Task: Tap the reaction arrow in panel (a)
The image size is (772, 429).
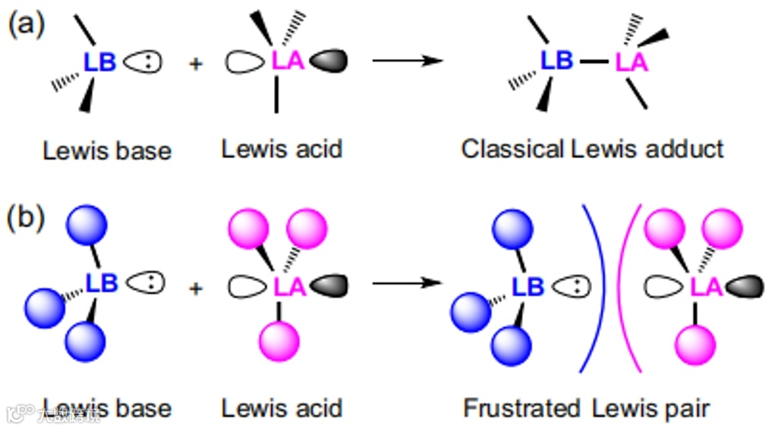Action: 408,62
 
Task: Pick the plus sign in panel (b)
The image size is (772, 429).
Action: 196,288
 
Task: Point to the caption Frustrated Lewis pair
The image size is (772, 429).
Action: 586,408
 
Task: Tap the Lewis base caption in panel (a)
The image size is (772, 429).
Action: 107,150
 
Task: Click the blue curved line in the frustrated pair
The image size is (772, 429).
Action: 599,289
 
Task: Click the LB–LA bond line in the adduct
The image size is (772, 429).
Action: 596,62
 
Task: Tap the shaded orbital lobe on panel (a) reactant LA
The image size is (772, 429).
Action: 328,62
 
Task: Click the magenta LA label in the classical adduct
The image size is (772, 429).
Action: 632,62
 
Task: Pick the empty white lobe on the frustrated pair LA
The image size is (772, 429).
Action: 664,286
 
